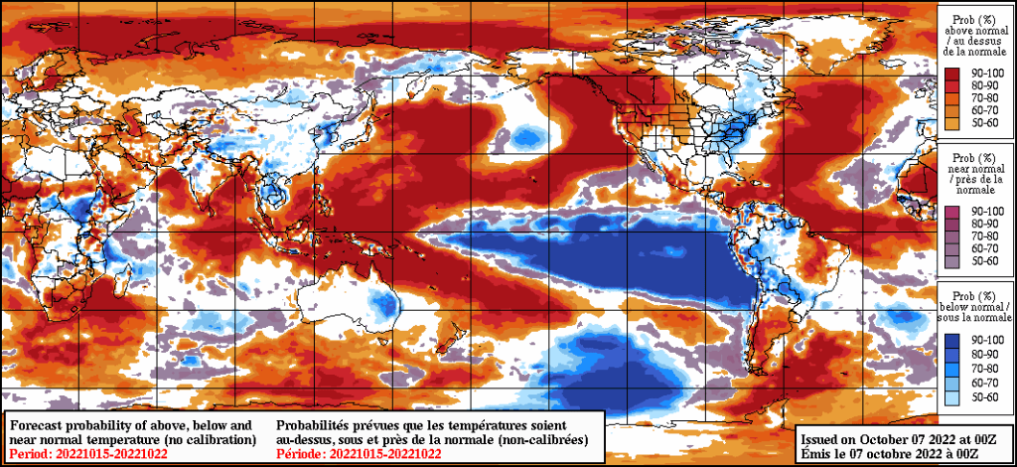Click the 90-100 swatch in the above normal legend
click(x=953, y=73)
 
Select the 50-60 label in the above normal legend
click(x=988, y=122)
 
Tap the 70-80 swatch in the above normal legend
click(x=953, y=97)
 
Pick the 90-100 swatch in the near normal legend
click(x=953, y=212)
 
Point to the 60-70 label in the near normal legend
click(x=988, y=248)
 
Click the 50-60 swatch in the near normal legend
click(x=953, y=260)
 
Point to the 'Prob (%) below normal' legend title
click(x=976, y=309)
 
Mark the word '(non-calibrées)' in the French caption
click(x=542, y=438)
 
